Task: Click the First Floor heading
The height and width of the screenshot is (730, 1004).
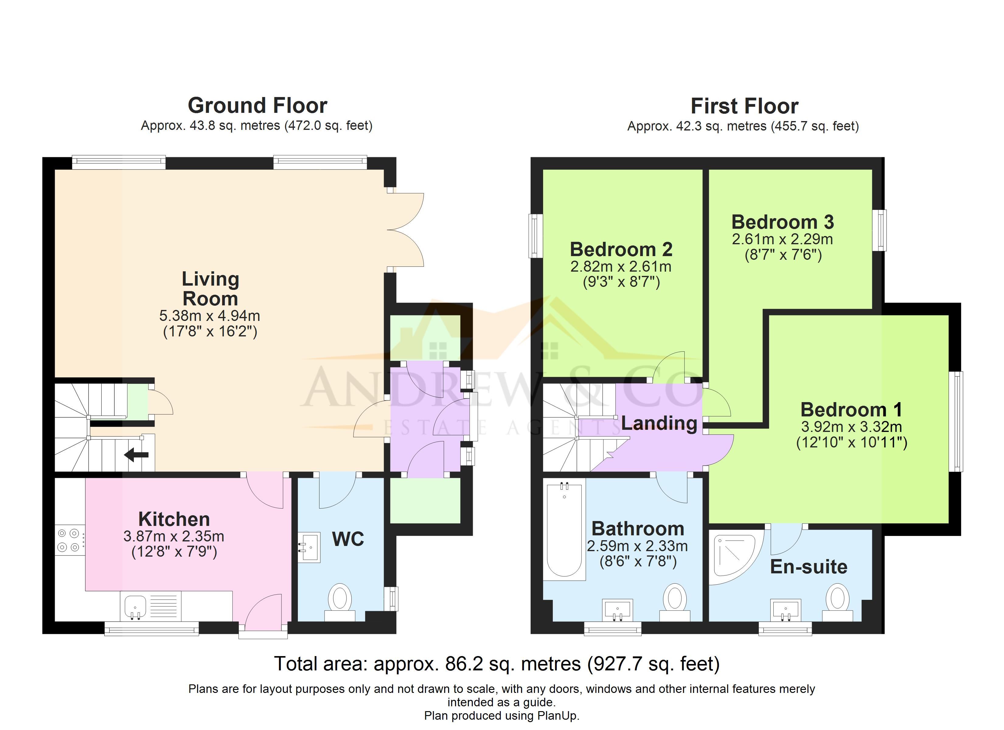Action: click(x=744, y=106)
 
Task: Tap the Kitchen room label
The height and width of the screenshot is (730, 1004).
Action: click(x=174, y=519)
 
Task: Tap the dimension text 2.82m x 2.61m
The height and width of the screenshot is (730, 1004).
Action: click(x=621, y=266)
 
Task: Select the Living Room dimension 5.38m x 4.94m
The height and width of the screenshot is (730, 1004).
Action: click(x=210, y=316)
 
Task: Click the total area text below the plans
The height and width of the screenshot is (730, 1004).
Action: click(x=497, y=664)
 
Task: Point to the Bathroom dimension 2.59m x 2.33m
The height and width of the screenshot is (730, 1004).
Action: click(x=637, y=546)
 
